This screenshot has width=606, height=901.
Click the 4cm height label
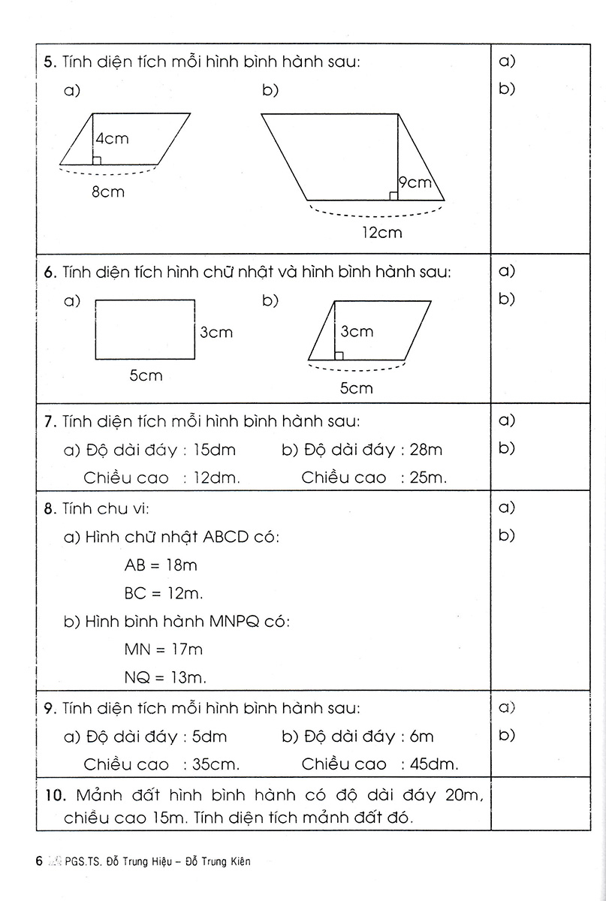112,138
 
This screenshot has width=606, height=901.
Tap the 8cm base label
108,192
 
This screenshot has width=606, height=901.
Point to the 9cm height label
415,182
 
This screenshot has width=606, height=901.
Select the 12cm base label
381,233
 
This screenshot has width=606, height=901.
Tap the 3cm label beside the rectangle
216,332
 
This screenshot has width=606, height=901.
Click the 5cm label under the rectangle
146,375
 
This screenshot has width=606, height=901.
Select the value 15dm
214,450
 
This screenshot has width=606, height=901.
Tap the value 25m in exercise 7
427,478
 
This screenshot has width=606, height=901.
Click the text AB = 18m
161,565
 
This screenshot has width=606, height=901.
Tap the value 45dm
435,765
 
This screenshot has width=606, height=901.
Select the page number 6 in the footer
38,861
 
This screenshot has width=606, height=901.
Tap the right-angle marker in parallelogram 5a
96,160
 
